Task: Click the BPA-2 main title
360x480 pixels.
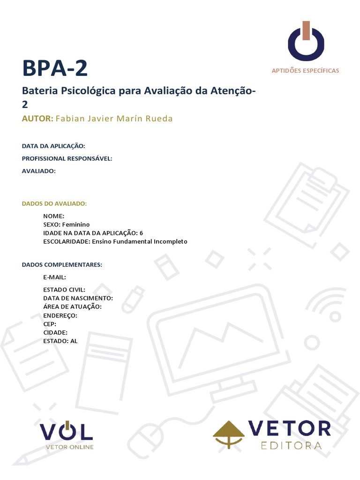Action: point(55,68)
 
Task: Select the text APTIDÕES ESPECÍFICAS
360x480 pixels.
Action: point(305,71)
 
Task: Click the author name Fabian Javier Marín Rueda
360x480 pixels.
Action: point(114,119)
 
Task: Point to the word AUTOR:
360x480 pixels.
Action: point(37,119)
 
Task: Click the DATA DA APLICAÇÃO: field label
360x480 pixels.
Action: point(53,146)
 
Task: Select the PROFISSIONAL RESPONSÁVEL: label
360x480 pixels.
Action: point(67,158)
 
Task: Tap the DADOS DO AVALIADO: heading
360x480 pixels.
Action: point(54,203)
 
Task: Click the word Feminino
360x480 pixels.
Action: point(76,225)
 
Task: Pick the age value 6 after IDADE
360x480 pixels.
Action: point(141,233)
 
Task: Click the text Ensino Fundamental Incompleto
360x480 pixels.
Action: point(140,241)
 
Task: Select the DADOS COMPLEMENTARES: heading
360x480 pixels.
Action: point(62,265)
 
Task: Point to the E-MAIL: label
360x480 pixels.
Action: point(54,277)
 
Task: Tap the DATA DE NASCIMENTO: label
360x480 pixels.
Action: point(78,298)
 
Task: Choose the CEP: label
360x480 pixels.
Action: point(50,324)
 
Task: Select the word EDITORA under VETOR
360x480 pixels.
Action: point(291,445)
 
